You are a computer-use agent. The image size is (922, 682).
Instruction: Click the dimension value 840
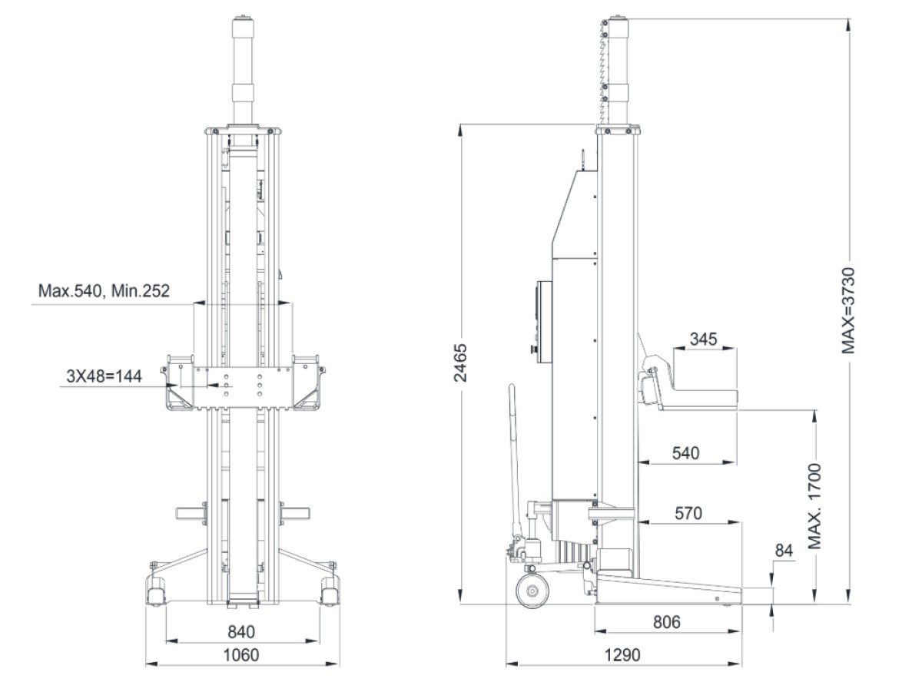click(x=241, y=632)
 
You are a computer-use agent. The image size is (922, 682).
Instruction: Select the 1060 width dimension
click(x=241, y=654)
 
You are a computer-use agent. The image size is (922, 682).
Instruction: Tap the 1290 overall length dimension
click(x=622, y=655)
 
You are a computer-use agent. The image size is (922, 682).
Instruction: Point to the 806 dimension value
click(x=665, y=622)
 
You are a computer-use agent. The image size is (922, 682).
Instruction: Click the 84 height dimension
click(x=783, y=551)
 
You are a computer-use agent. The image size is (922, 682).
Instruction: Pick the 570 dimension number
click(x=688, y=513)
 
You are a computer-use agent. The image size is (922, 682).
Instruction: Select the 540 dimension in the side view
click(x=685, y=453)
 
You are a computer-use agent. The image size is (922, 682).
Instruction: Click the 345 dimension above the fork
click(x=704, y=339)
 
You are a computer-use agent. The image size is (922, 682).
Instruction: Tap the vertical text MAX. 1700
click(x=815, y=506)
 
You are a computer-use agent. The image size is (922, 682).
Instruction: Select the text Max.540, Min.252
click(x=104, y=291)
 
